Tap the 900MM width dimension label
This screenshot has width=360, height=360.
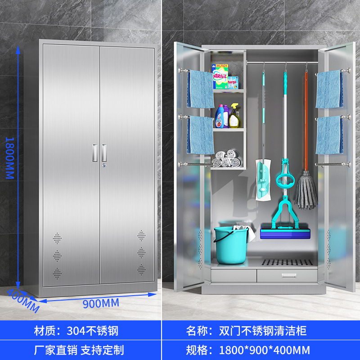101,303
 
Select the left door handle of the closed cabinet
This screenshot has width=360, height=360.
95,153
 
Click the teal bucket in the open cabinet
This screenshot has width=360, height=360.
231,245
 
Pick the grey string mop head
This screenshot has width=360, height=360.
306,191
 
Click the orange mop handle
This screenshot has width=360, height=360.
306,121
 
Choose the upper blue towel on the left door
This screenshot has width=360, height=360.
200,89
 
